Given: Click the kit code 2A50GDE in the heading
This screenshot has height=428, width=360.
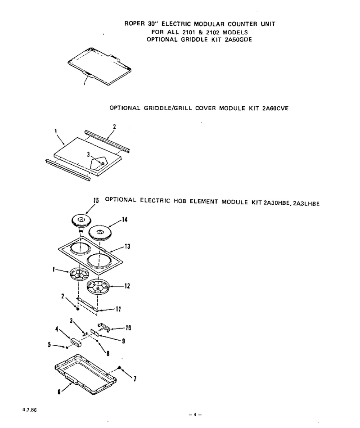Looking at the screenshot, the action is click(x=238, y=40).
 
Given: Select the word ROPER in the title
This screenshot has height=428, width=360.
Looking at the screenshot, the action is click(x=135, y=23).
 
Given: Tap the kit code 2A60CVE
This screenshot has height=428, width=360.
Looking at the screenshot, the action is click(x=275, y=108).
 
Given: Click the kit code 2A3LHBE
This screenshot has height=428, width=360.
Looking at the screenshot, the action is click(x=306, y=203).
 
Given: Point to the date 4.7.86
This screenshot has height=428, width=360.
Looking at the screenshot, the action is click(x=30, y=410).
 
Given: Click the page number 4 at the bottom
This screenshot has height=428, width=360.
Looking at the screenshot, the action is click(x=195, y=414).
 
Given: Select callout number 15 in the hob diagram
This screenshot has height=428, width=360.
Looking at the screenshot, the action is click(x=96, y=200).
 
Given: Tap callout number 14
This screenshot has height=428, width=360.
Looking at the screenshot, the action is click(x=125, y=220).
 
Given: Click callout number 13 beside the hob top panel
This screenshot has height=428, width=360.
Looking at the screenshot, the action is click(x=127, y=246).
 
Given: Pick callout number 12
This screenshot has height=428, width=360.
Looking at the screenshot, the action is click(x=127, y=286).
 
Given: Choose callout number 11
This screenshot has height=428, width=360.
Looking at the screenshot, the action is click(x=118, y=309).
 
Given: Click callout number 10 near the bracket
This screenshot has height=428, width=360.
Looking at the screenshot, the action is click(x=128, y=328).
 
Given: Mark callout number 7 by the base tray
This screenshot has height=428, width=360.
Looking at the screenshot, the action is click(x=135, y=378).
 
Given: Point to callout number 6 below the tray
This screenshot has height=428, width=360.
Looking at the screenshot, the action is click(x=59, y=392).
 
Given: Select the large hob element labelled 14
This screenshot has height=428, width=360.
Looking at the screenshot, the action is click(x=100, y=232).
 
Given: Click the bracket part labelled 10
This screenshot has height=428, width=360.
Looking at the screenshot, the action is click(x=103, y=326).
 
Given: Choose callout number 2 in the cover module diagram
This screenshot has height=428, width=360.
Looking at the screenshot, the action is click(x=115, y=126).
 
